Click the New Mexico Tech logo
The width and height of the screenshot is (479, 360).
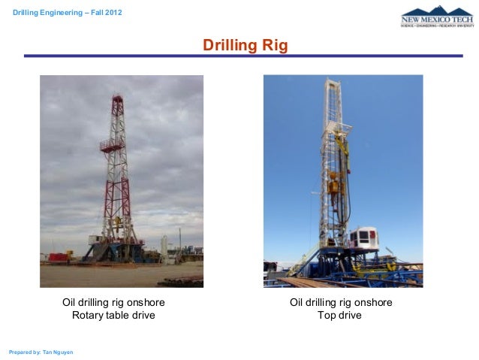(x=437, y=18)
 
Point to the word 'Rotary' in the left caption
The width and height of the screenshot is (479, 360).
(x=88, y=316)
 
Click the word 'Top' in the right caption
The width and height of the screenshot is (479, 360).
(x=327, y=316)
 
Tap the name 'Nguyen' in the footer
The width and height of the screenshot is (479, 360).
(x=62, y=352)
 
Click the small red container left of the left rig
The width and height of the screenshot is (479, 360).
(x=57, y=256)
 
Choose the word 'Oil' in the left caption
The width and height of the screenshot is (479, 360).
(x=70, y=302)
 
